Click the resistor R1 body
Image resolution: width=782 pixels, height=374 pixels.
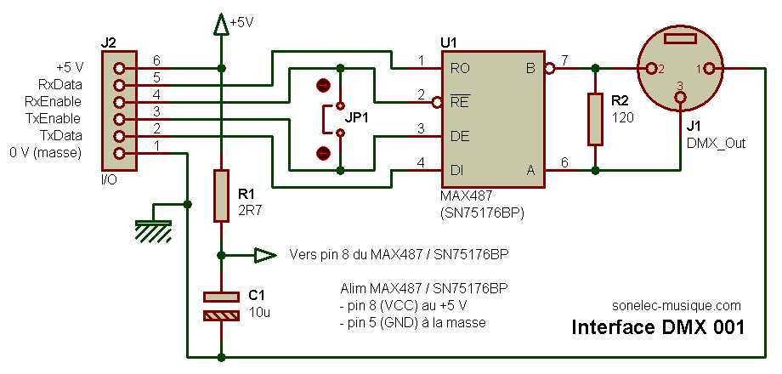click(x=221, y=195)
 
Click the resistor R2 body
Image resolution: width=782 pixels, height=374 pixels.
click(x=596, y=119)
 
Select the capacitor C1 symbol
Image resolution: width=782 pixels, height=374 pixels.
click(x=221, y=306)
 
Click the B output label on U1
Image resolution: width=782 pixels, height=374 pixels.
click(x=531, y=67)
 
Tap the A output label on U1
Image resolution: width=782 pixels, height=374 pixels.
click(x=531, y=170)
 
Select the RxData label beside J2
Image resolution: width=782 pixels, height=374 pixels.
click(x=61, y=84)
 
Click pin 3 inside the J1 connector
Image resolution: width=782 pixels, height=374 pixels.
click(x=680, y=99)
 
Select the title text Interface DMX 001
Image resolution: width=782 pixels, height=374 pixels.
click(x=658, y=327)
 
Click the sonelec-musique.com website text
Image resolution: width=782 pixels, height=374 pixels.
click(x=677, y=304)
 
